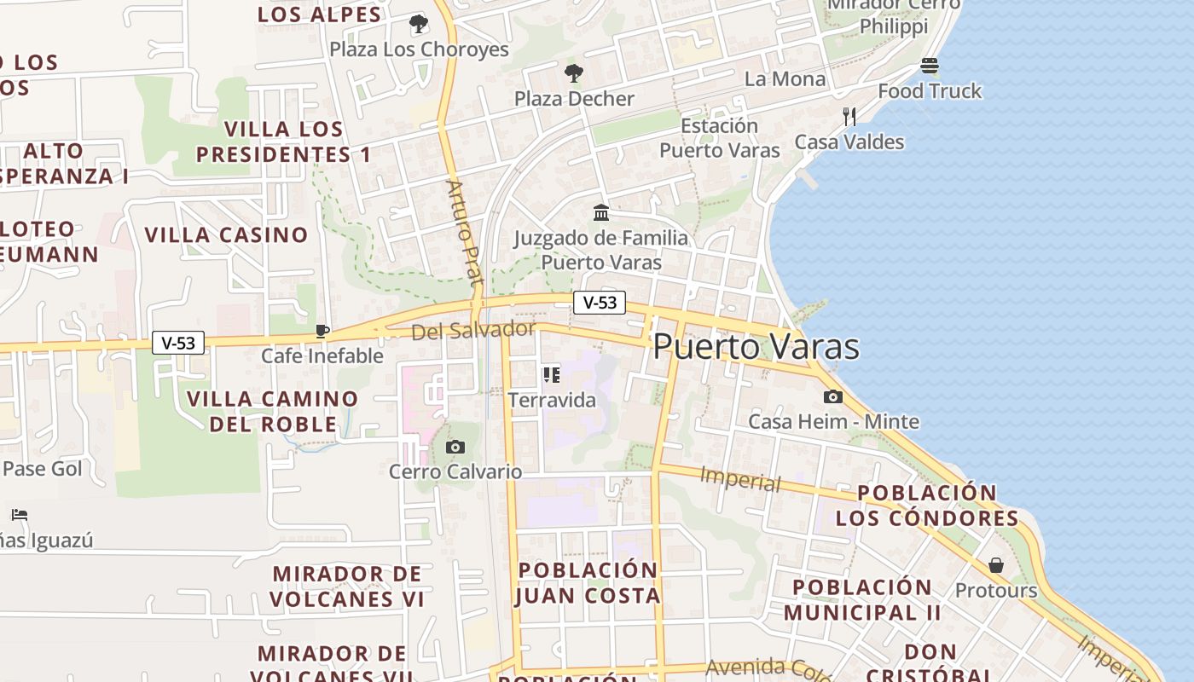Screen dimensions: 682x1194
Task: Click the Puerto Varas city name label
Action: (756, 347)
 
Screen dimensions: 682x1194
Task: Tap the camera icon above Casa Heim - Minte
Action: (833, 396)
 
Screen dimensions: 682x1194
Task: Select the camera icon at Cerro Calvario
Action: (455, 447)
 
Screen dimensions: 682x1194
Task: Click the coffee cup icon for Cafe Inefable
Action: (322, 331)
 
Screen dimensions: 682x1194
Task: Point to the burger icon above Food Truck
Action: (930, 66)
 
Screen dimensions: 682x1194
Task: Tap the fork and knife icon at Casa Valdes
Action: (849, 117)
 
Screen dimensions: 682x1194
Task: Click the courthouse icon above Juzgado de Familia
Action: (601, 212)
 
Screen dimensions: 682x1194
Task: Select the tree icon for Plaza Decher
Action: (574, 73)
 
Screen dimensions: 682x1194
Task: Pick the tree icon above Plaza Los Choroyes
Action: (419, 24)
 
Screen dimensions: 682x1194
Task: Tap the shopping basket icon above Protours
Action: (996, 565)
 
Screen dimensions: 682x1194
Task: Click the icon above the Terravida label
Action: (552, 374)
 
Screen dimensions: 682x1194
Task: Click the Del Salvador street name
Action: (473, 330)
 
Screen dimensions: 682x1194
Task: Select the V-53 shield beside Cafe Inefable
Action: (178, 343)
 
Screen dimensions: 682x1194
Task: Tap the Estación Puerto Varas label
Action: (720, 138)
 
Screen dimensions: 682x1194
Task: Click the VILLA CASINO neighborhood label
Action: (226, 234)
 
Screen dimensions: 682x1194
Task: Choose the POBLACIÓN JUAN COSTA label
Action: (588, 582)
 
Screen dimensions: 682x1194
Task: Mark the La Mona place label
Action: (785, 79)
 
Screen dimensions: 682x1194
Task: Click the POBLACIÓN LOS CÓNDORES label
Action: (927, 506)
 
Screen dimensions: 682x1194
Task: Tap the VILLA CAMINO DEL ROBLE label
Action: (273, 411)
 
